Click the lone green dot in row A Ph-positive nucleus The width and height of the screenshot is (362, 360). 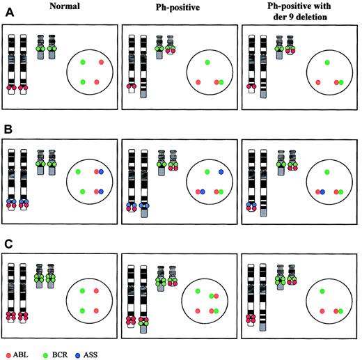206,62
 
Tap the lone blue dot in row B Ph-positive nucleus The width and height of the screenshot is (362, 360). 221,171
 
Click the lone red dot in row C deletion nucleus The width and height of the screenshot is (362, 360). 322,310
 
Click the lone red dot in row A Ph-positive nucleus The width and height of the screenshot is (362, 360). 198,82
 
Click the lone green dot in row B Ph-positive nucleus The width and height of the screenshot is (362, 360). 206,171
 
